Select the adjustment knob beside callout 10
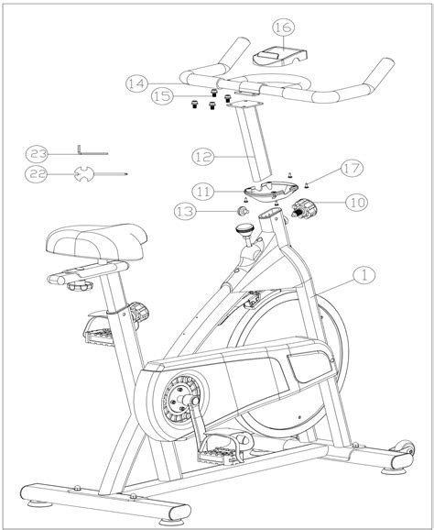tap(301, 212)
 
